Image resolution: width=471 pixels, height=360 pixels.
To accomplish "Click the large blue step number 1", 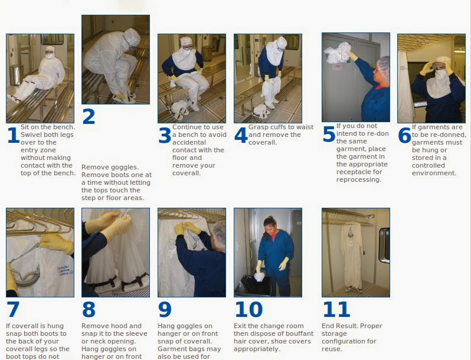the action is tap(14, 135).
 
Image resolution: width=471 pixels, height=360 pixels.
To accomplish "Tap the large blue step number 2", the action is tap(89, 116).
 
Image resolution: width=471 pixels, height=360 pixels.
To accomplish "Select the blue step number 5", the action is tap(329, 134).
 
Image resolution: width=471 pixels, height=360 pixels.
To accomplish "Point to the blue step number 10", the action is tap(248, 309).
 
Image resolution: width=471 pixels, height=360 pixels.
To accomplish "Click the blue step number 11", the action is tap(336, 309).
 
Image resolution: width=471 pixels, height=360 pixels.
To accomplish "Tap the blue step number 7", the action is tap(13, 309).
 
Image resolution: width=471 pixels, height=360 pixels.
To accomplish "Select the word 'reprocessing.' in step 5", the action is tap(359, 179).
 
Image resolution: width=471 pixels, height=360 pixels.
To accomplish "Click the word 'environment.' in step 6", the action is tap(434, 173).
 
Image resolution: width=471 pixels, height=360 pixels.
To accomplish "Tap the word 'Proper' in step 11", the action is tap(371, 326).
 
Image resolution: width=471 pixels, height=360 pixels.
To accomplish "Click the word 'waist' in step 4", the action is tap(305, 127).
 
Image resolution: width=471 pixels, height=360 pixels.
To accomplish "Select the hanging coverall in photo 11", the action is tap(351, 255).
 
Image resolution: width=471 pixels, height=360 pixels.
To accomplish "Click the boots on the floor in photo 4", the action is tap(261, 111).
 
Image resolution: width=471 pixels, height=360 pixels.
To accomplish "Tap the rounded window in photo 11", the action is tap(384, 245).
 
